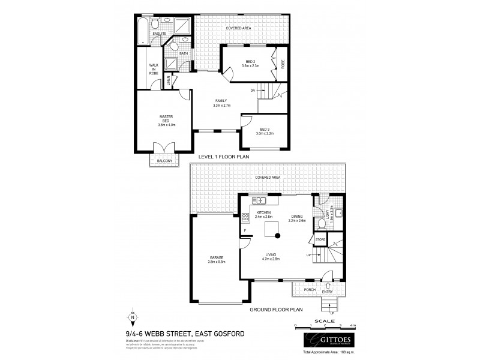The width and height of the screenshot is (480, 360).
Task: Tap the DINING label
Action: (297, 217)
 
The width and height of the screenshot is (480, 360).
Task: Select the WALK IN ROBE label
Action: (154, 68)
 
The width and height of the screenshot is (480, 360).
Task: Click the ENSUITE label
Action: (159, 34)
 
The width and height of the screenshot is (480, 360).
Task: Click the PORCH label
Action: (310, 290)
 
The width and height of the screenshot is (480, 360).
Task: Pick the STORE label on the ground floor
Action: (320, 240)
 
